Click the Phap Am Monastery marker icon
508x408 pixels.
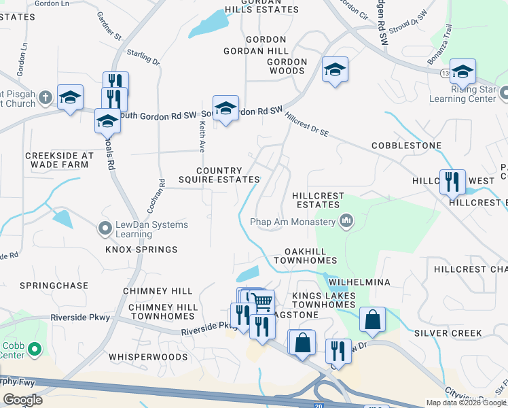pyautogui.click(x=346, y=221)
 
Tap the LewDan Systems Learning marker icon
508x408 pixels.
pyautogui.click(x=105, y=228)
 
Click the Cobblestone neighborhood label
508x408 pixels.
pyautogui.click(x=406, y=146)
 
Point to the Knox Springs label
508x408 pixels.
pyautogui.click(x=141, y=250)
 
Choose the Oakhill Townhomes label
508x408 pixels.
pyautogui.click(x=306, y=256)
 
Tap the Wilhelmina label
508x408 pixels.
pyautogui.click(x=359, y=282)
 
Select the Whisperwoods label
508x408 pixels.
pyautogui.click(x=148, y=356)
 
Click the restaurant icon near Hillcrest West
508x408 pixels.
pyautogui.click(x=452, y=182)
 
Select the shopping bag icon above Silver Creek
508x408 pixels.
pyautogui.click(x=373, y=320)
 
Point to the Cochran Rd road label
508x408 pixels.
pyautogui.click(x=161, y=193)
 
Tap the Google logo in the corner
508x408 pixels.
pyautogui.click(x=22, y=400)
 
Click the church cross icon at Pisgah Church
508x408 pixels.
pyautogui.click(x=45, y=97)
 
